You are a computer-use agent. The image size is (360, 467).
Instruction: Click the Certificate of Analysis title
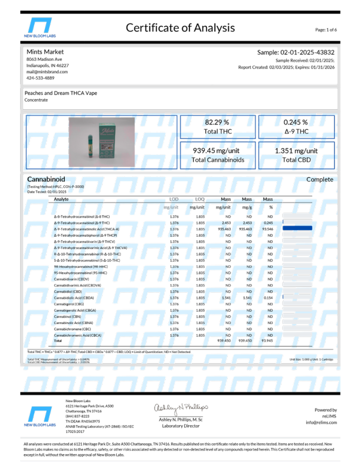[180, 28]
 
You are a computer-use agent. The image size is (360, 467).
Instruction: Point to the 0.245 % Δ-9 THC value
[296, 126]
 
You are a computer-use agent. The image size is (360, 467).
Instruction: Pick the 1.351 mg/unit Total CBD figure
[296, 155]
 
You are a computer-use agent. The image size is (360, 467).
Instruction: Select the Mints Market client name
[44, 52]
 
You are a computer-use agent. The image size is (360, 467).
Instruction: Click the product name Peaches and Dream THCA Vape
[61, 93]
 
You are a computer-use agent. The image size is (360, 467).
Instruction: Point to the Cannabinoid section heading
[46, 179]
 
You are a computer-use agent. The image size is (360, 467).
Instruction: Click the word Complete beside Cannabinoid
[319, 179]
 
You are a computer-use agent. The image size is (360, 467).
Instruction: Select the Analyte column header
[61, 200]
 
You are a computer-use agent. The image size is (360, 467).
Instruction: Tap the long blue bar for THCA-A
[297, 228]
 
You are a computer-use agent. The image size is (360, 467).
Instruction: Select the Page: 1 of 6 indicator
[326, 29]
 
